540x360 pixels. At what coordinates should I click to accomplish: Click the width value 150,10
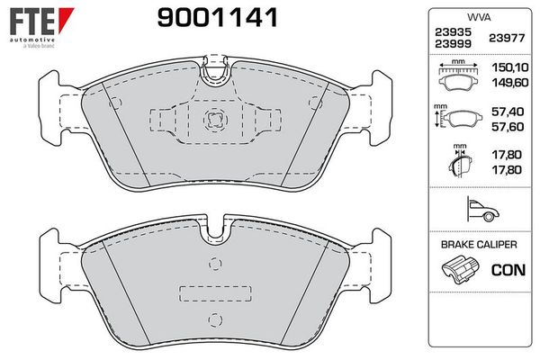coord(511,67)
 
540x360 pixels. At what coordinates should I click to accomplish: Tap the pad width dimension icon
coord(460,76)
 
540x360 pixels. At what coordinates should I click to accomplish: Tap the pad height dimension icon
coord(458,117)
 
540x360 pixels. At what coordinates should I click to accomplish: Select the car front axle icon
coord(477,209)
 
